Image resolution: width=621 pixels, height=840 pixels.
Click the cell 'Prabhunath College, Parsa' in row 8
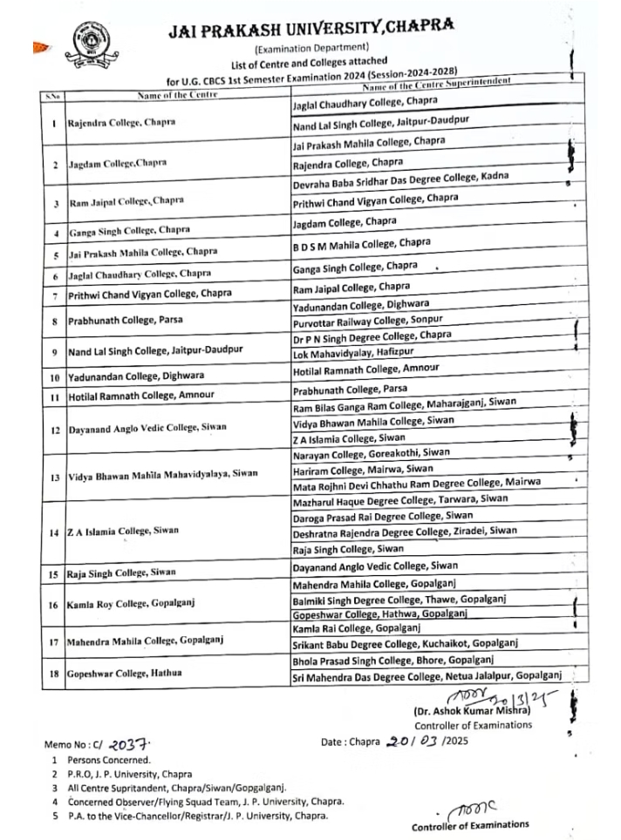(x=126, y=320)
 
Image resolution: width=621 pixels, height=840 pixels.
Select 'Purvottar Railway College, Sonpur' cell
(x=372, y=321)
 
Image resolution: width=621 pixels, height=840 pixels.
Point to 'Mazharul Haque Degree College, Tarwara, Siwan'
(x=399, y=499)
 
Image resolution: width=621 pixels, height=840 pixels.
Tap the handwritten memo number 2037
(x=130, y=743)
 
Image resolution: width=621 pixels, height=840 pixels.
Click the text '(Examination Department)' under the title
(x=311, y=47)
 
